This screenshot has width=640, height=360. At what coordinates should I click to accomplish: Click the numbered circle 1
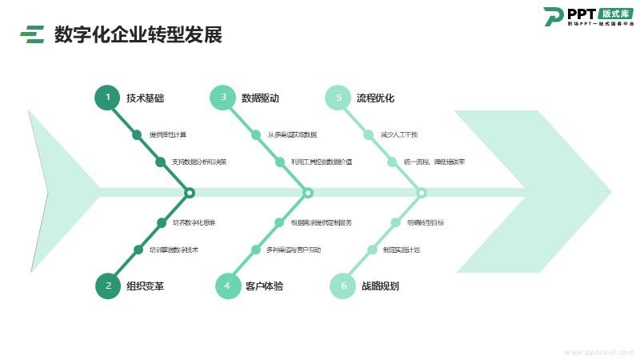pyautogui.click(x=107, y=98)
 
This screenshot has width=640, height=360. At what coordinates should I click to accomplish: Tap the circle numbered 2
pyautogui.click(x=107, y=286)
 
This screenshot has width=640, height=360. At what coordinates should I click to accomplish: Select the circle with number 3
pyautogui.click(x=223, y=98)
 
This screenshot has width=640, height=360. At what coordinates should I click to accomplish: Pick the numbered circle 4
pyautogui.click(x=227, y=286)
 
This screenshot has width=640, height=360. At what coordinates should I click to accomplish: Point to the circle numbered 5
pyautogui.click(x=338, y=98)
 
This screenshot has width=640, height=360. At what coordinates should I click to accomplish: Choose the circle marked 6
pyautogui.click(x=343, y=286)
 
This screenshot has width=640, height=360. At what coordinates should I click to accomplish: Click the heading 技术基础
pyautogui.click(x=145, y=98)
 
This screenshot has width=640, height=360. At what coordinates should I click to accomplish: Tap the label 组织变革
pyautogui.click(x=145, y=286)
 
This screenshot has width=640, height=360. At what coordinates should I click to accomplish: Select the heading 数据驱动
pyautogui.click(x=260, y=98)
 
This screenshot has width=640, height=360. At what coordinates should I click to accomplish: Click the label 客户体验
pyautogui.click(x=264, y=286)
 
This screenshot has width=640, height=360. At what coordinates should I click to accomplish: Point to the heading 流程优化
pyautogui.click(x=375, y=98)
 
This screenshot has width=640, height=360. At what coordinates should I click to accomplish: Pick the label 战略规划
pyautogui.click(x=380, y=286)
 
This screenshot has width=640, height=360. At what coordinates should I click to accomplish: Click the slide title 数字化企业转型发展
pyautogui.click(x=138, y=35)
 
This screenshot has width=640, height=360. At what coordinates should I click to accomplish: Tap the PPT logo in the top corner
pyautogui.click(x=588, y=17)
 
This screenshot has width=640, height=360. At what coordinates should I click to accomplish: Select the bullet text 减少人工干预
pyautogui.click(x=399, y=134)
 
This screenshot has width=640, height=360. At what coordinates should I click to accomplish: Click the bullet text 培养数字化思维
pyautogui.click(x=194, y=222)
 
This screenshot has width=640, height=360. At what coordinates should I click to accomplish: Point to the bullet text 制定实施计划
pyautogui.click(x=402, y=250)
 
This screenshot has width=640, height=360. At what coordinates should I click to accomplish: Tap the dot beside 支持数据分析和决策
pyautogui.click(x=160, y=162)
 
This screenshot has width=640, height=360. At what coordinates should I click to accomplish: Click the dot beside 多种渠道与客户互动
pyautogui.click(x=256, y=250)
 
